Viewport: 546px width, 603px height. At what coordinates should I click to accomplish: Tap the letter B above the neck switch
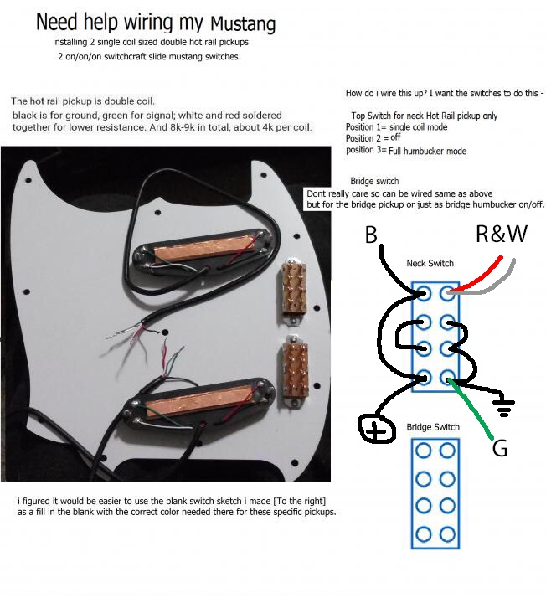coord(371,235)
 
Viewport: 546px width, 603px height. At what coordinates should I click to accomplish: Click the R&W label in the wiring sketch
coord(501,234)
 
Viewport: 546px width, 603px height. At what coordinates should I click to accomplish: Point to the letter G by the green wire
coord(499,449)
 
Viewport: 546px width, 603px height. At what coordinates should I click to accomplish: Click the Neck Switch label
coord(430,263)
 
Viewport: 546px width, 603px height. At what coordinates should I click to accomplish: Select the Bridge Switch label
coord(433,427)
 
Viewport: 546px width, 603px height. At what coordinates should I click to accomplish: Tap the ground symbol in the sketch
coord(504,406)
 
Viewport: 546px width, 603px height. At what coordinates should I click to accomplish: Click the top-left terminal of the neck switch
coord(423,292)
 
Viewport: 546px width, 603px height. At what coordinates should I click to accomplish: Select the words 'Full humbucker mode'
coord(428,151)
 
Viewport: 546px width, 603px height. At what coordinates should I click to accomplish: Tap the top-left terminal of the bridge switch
coord(423,451)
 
